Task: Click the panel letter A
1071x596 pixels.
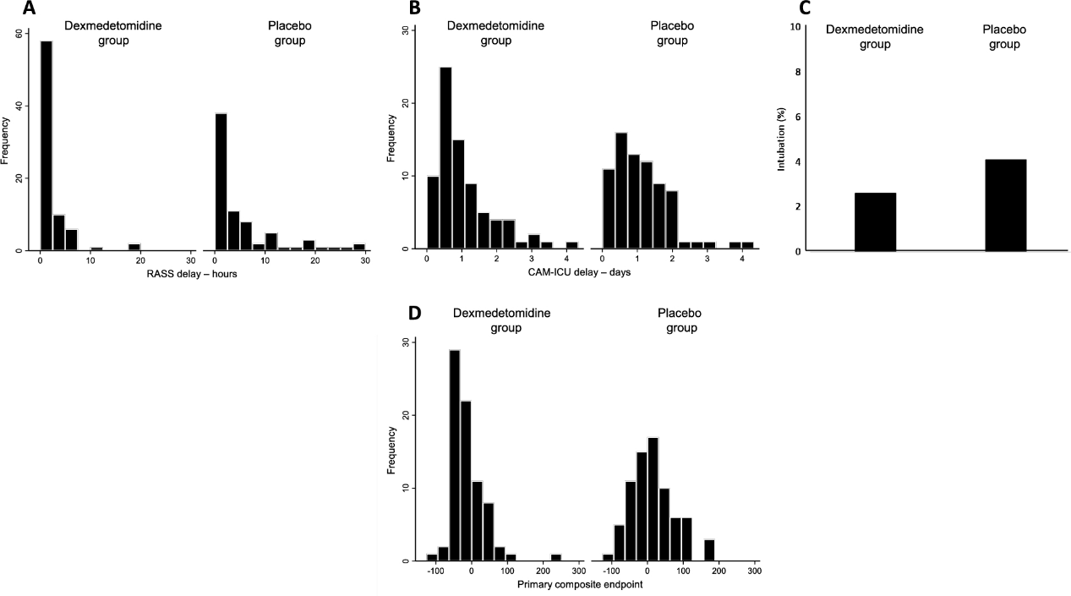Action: [x=30, y=9]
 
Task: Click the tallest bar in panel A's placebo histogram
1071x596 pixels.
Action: [x=221, y=182]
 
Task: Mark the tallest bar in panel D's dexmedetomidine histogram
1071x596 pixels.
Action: [x=454, y=456]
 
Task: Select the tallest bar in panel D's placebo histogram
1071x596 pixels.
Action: [x=653, y=499]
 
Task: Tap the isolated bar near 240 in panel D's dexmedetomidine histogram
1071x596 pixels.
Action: [x=555, y=558]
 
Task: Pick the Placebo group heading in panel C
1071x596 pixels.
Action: [x=1004, y=36]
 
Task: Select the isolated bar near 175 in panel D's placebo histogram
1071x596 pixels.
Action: [x=708, y=550]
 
